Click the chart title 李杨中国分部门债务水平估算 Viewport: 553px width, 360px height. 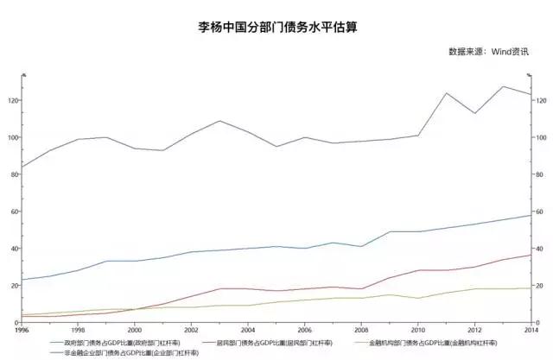click(x=276, y=27)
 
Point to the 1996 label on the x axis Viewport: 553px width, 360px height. click(x=22, y=330)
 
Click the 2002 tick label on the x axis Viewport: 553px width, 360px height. click(x=191, y=330)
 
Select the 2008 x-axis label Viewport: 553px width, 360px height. click(x=360, y=330)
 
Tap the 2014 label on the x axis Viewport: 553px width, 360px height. click(x=529, y=330)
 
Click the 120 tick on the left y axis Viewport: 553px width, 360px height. click(x=12, y=101)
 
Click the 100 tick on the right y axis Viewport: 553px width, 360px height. click(x=542, y=138)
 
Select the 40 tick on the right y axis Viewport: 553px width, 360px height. click(x=540, y=249)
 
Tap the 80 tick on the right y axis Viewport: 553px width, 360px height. click(x=540, y=175)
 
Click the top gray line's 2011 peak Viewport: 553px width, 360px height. click(x=446, y=93)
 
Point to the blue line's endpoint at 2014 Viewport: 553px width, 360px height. click(x=530, y=215)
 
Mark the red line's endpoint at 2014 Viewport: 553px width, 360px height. click(x=530, y=255)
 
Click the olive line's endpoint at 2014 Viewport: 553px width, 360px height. click(x=530, y=288)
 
